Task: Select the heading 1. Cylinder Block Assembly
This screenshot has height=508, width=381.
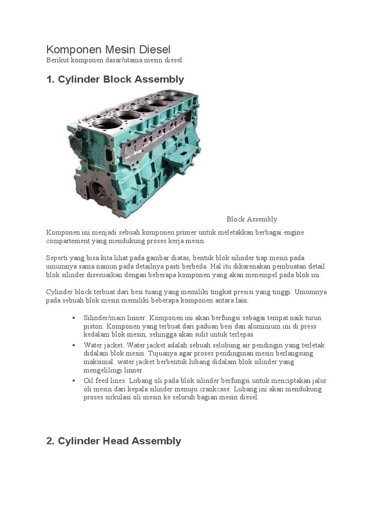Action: (x=115, y=79)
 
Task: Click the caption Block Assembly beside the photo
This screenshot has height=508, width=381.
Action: (x=252, y=219)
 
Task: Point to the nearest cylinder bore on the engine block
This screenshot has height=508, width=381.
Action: (x=105, y=124)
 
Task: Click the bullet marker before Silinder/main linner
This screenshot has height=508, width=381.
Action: (x=73, y=317)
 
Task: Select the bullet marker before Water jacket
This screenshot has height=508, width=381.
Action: (x=73, y=345)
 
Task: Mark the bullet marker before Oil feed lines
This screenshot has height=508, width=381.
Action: (x=73, y=381)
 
